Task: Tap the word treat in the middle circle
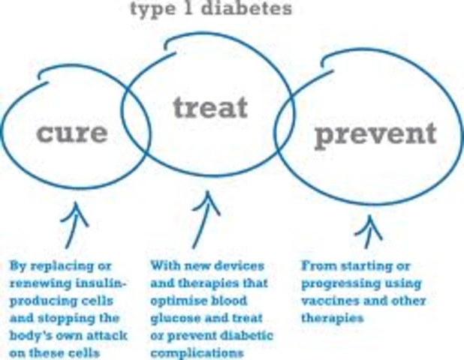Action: tap(209, 107)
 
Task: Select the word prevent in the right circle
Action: tap(375, 135)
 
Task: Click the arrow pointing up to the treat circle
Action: tap(203, 221)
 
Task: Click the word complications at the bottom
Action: tap(191, 351)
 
